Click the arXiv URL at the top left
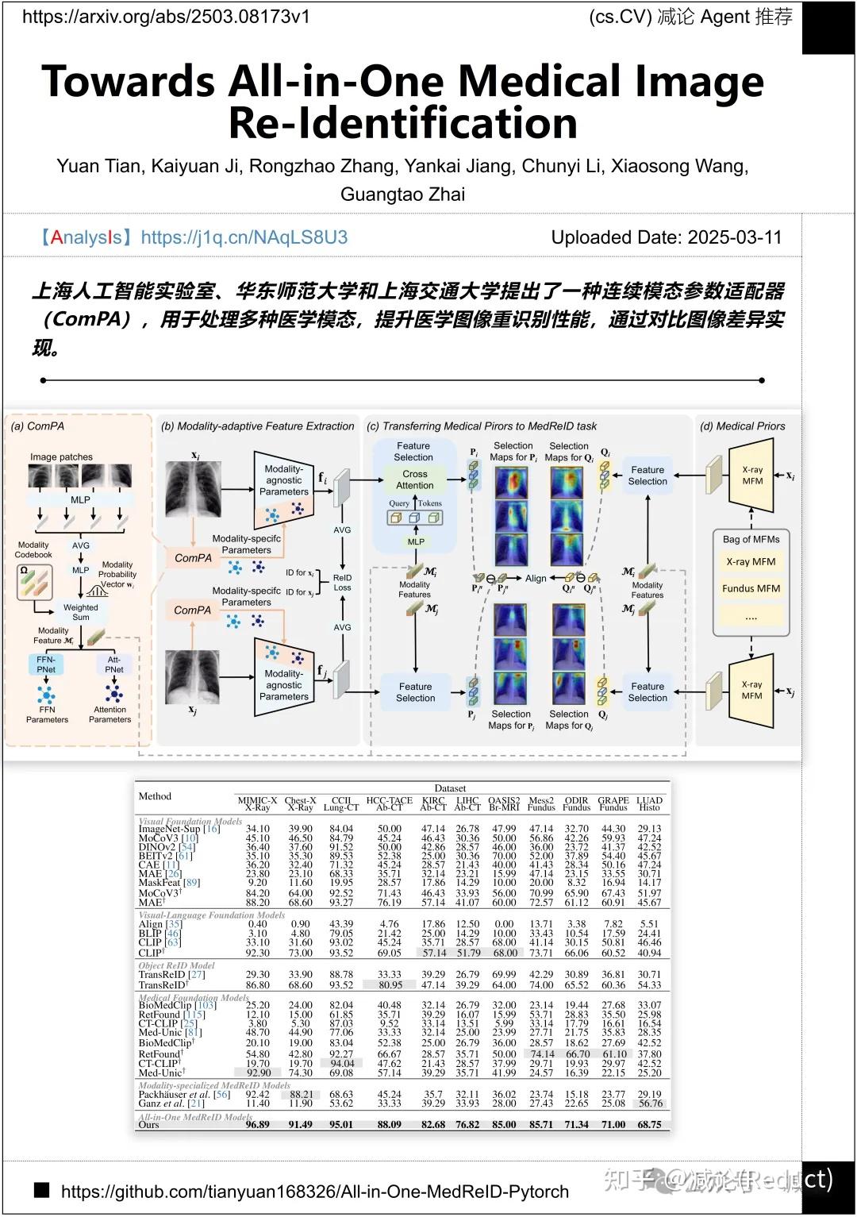click(166, 17)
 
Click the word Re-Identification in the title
click(402, 123)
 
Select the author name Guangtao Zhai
click(402, 194)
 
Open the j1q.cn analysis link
click(244, 237)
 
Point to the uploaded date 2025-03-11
click(734, 237)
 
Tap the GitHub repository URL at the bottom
click(314, 1192)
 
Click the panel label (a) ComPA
click(37, 426)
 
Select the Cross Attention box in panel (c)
click(415, 479)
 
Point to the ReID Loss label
click(342, 583)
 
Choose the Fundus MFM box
click(751, 588)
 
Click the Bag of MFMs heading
click(751, 539)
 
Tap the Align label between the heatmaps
click(536, 579)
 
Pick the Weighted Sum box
click(81, 612)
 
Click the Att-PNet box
click(114, 664)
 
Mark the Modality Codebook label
click(33, 549)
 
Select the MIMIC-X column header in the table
click(257, 801)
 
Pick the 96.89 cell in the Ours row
click(257, 1124)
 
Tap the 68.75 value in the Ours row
click(649, 1124)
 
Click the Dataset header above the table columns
click(450, 788)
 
